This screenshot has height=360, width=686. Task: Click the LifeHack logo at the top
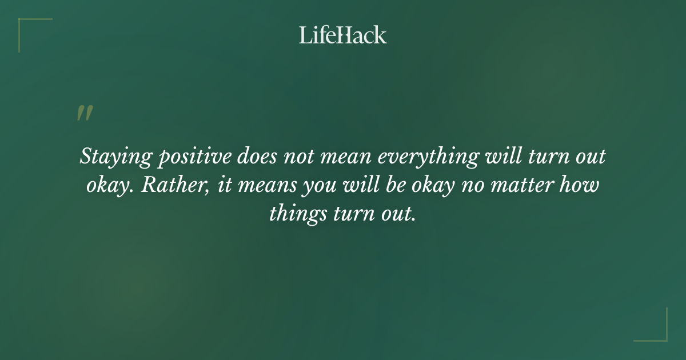click(x=343, y=35)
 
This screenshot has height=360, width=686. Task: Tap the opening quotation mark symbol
click(x=85, y=113)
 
